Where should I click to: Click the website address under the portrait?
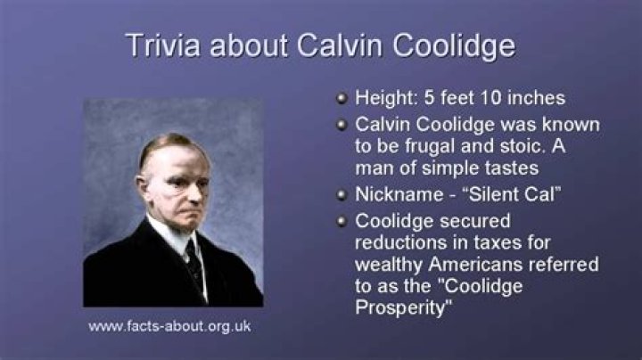tap(169, 326)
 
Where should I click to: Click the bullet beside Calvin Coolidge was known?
tap(341, 124)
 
